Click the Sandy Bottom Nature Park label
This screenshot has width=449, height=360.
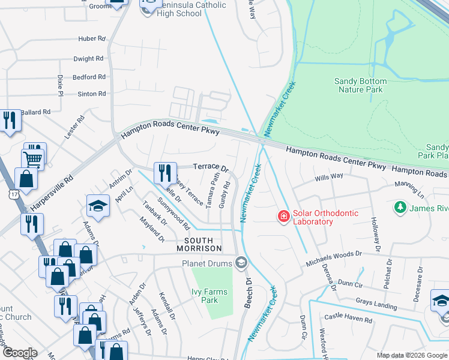click(360, 85)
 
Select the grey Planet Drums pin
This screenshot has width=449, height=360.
click(241, 262)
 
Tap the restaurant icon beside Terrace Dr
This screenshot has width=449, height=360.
click(164, 173)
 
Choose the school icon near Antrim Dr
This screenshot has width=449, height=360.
click(97, 206)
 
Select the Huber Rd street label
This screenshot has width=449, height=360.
click(91, 38)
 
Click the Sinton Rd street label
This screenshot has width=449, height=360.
click(91, 94)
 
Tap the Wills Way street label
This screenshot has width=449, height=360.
click(328, 177)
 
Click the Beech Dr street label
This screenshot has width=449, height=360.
click(247, 293)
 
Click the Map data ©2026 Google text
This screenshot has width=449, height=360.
click(411, 355)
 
